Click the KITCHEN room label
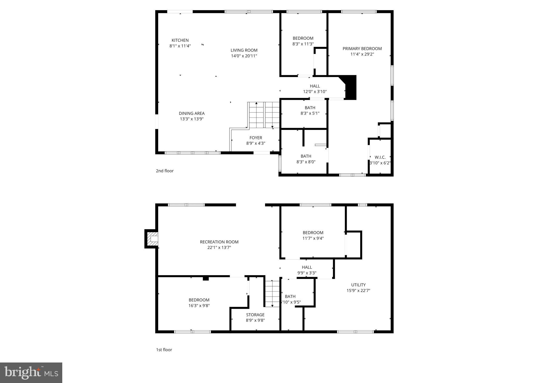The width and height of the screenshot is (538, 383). tap(180, 40)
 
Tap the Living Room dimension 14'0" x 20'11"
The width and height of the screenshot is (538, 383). tap(244, 56)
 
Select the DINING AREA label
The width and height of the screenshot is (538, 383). tap(192, 113)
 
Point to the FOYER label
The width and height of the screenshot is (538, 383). tap(256, 138)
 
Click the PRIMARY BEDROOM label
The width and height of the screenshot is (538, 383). tap(362, 49)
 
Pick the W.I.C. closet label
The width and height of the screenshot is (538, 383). tap(380, 157)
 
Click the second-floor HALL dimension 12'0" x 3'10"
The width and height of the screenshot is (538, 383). tap(315, 92)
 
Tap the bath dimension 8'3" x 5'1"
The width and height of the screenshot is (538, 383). tap(310, 113)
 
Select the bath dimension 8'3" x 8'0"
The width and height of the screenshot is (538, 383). tap(306, 162)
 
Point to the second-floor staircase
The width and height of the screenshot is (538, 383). tap(264, 115)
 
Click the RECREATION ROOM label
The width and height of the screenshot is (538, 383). tap(219, 242)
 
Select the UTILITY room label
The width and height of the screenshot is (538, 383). tap(358, 285)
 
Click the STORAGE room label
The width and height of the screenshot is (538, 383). tap(255, 315)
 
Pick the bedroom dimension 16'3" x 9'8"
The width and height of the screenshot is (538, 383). tap(199, 306)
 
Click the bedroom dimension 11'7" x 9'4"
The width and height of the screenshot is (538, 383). tap(313, 238)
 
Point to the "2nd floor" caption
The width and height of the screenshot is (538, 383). tap(165, 171)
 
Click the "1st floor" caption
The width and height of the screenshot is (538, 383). tap(164, 350)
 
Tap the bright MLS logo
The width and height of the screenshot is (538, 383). tap(31, 373)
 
